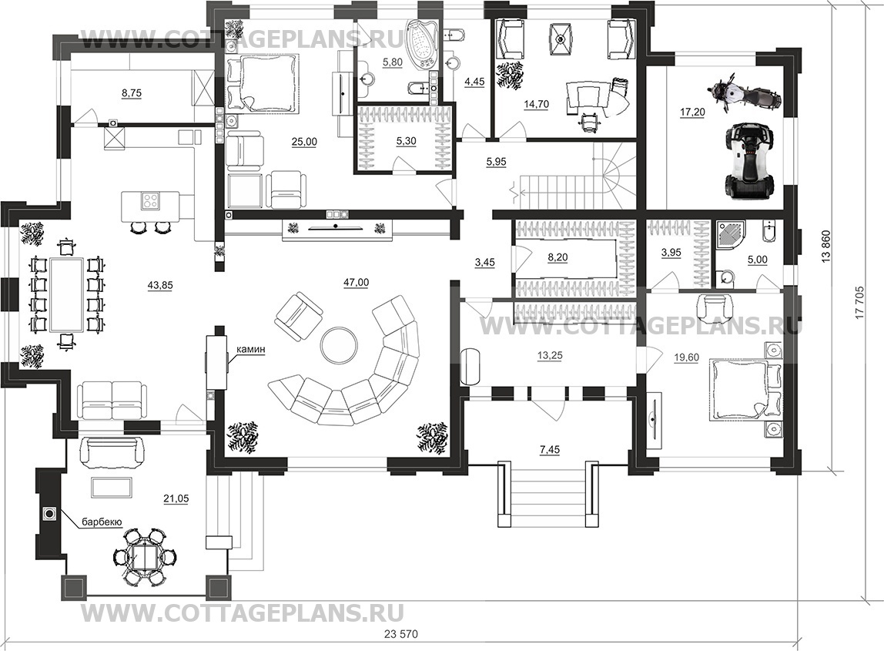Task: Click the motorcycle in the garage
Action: coord(744,94)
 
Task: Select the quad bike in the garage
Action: coord(748,163)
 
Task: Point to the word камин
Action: coord(250,350)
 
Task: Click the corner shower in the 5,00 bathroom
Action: coord(732,237)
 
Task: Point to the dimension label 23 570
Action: coord(401,633)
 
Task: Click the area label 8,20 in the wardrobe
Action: coord(558,258)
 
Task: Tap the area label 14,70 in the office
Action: coord(536,104)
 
